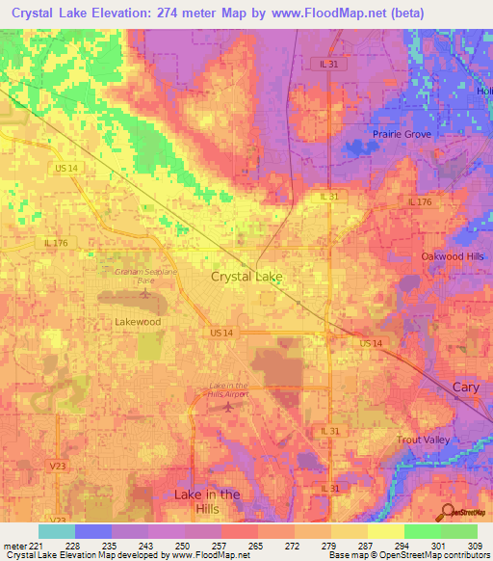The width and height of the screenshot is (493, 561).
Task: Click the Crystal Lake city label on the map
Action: [x=246, y=277]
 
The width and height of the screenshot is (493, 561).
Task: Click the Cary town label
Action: [x=465, y=387]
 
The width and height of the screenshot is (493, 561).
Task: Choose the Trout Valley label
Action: [x=424, y=440]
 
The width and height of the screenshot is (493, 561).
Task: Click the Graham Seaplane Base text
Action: [x=144, y=276]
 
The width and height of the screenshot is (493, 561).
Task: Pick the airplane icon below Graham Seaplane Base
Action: [x=145, y=293]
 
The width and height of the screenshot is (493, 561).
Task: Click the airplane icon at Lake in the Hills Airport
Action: [x=228, y=406]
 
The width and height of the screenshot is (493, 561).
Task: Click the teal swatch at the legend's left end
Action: [x=57, y=531]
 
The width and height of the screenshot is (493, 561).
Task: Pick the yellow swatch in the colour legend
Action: [x=386, y=531]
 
